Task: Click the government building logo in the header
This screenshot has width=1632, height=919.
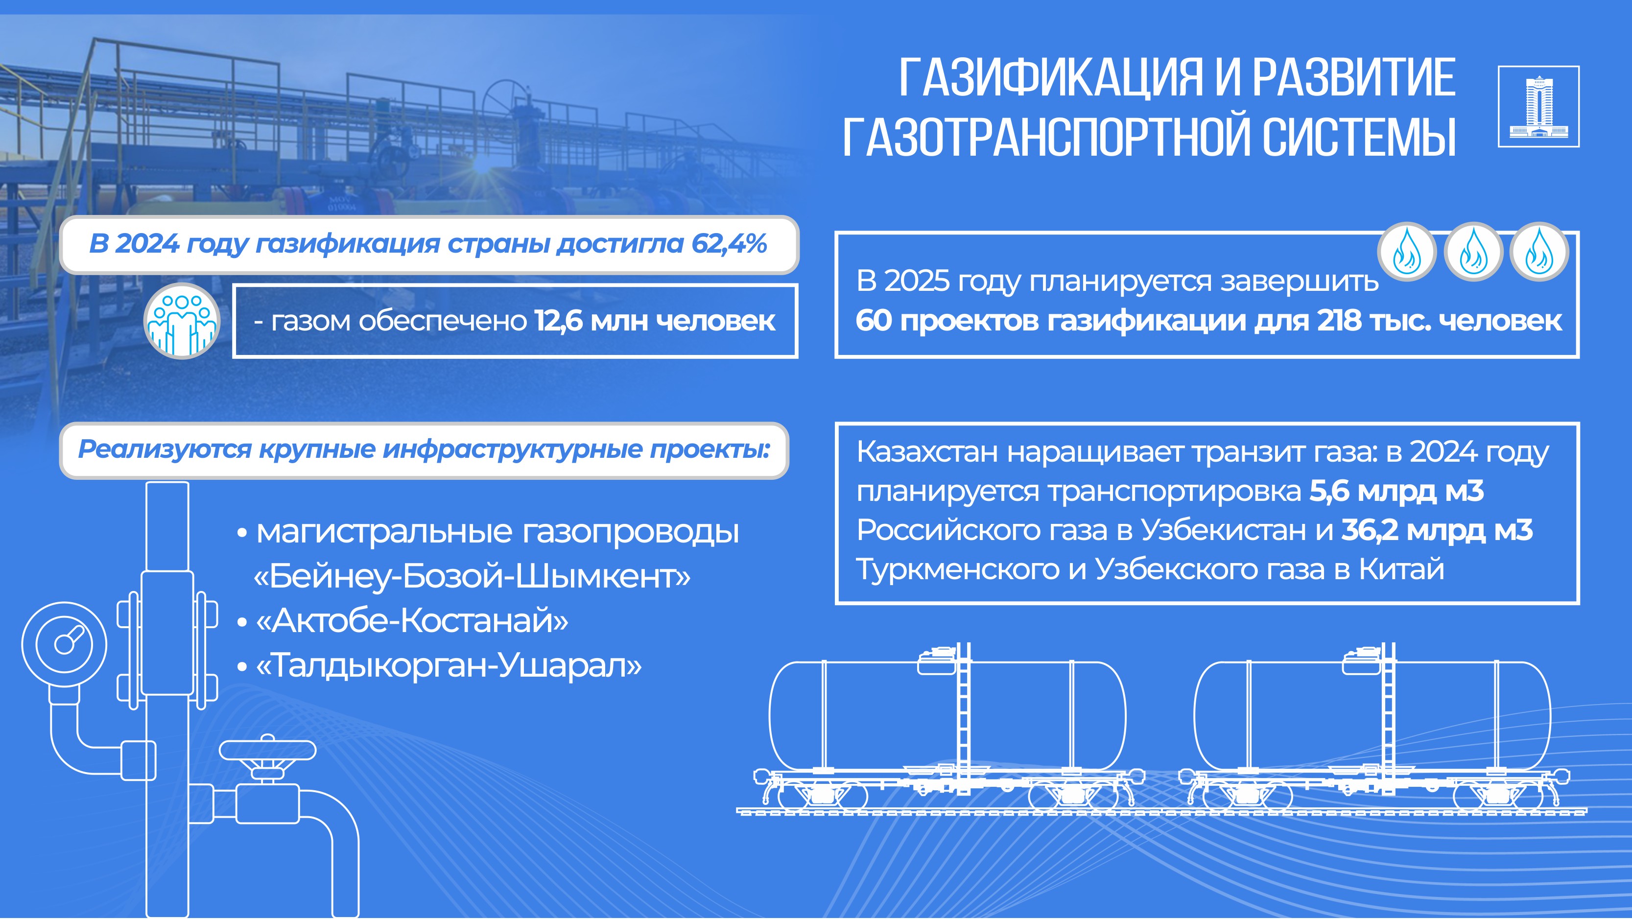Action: click(1538, 106)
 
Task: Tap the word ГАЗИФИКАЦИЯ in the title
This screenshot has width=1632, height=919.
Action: click(1050, 78)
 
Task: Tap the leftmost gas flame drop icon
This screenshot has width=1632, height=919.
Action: click(1406, 252)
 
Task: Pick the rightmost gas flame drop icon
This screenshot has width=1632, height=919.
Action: click(1539, 252)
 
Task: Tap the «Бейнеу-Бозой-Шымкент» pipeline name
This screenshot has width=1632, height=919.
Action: click(472, 576)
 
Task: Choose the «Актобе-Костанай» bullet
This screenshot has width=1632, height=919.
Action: click(412, 621)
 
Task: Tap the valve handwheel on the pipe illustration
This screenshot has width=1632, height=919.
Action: click(267, 751)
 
